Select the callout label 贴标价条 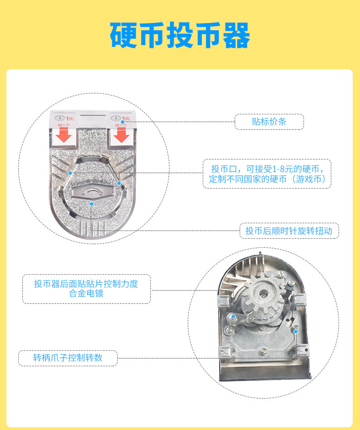(x=269, y=122)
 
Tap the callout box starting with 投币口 (x=267, y=174)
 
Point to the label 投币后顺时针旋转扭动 (x=289, y=231)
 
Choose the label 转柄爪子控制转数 (x=67, y=358)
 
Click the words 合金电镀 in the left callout (x=86, y=294)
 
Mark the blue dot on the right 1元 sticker (x=123, y=122)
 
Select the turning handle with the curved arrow (x=93, y=193)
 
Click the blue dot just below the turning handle (x=92, y=204)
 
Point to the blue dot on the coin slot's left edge (x=70, y=173)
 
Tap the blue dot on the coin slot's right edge (x=119, y=183)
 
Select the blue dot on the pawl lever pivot (x=233, y=317)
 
